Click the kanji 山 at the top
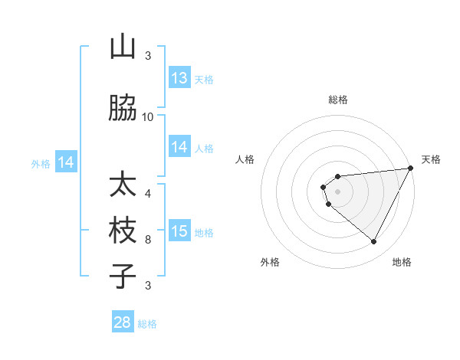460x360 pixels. click(123, 47)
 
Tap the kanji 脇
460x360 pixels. click(123, 109)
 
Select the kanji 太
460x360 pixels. click(123, 185)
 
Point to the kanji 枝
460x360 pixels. click(123, 231)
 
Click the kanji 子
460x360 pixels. click(123, 276)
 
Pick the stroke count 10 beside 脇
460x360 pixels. click(148, 116)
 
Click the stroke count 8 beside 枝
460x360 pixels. click(148, 239)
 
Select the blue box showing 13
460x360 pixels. click(179, 78)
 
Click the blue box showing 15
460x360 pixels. click(179, 231)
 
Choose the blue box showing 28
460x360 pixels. click(123, 322)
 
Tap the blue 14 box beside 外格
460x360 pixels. click(66, 162)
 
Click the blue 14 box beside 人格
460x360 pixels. click(179, 147)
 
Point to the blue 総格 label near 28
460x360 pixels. click(147, 324)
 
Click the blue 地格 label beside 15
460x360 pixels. click(204, 232)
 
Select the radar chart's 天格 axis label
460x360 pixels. click(431, 159)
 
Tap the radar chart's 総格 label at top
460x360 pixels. click(338, 100)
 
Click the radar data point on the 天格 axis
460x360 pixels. click(412, 169)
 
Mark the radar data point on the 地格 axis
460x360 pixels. click(374, 242)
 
